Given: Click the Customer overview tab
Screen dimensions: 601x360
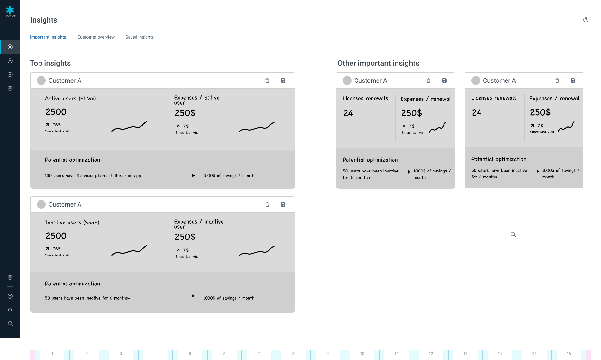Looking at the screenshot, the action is coord(96,37).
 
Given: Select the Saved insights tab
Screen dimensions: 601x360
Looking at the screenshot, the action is coord(140,37).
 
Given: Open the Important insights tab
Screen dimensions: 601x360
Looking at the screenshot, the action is coord(48,37).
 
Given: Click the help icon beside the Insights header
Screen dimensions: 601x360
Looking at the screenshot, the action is coord(586,20).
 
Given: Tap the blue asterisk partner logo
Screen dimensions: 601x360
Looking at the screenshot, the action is coord(10,10).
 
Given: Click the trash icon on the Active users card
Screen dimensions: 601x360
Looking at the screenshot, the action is coord(267,80).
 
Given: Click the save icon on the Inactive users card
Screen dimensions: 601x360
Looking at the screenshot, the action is coord(283,204).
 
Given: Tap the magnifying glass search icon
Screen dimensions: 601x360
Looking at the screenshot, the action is coord(513,234).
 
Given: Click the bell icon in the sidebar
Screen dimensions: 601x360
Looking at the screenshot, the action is coord(10,310).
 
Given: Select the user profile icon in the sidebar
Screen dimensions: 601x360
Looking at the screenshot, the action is coord(10,324).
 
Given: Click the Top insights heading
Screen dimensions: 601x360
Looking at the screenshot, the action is coord(50,63).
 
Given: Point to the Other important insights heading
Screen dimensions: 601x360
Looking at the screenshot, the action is coord(378,63).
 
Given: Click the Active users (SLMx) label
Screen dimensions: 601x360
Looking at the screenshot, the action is coord(70,99).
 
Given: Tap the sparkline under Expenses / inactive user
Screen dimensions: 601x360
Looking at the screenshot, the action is coord(256,251).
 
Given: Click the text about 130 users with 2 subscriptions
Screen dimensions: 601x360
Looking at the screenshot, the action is coord(93,176).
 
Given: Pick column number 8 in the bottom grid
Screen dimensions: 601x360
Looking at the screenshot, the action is coord(293,354).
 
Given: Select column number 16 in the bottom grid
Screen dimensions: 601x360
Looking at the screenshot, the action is coord(569,354).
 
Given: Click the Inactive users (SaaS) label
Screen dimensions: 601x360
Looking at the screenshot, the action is coord(72,223).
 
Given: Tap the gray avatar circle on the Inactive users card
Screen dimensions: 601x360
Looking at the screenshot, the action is coord(41,204).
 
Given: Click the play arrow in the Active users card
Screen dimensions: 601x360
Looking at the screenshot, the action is coord(193,175).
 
